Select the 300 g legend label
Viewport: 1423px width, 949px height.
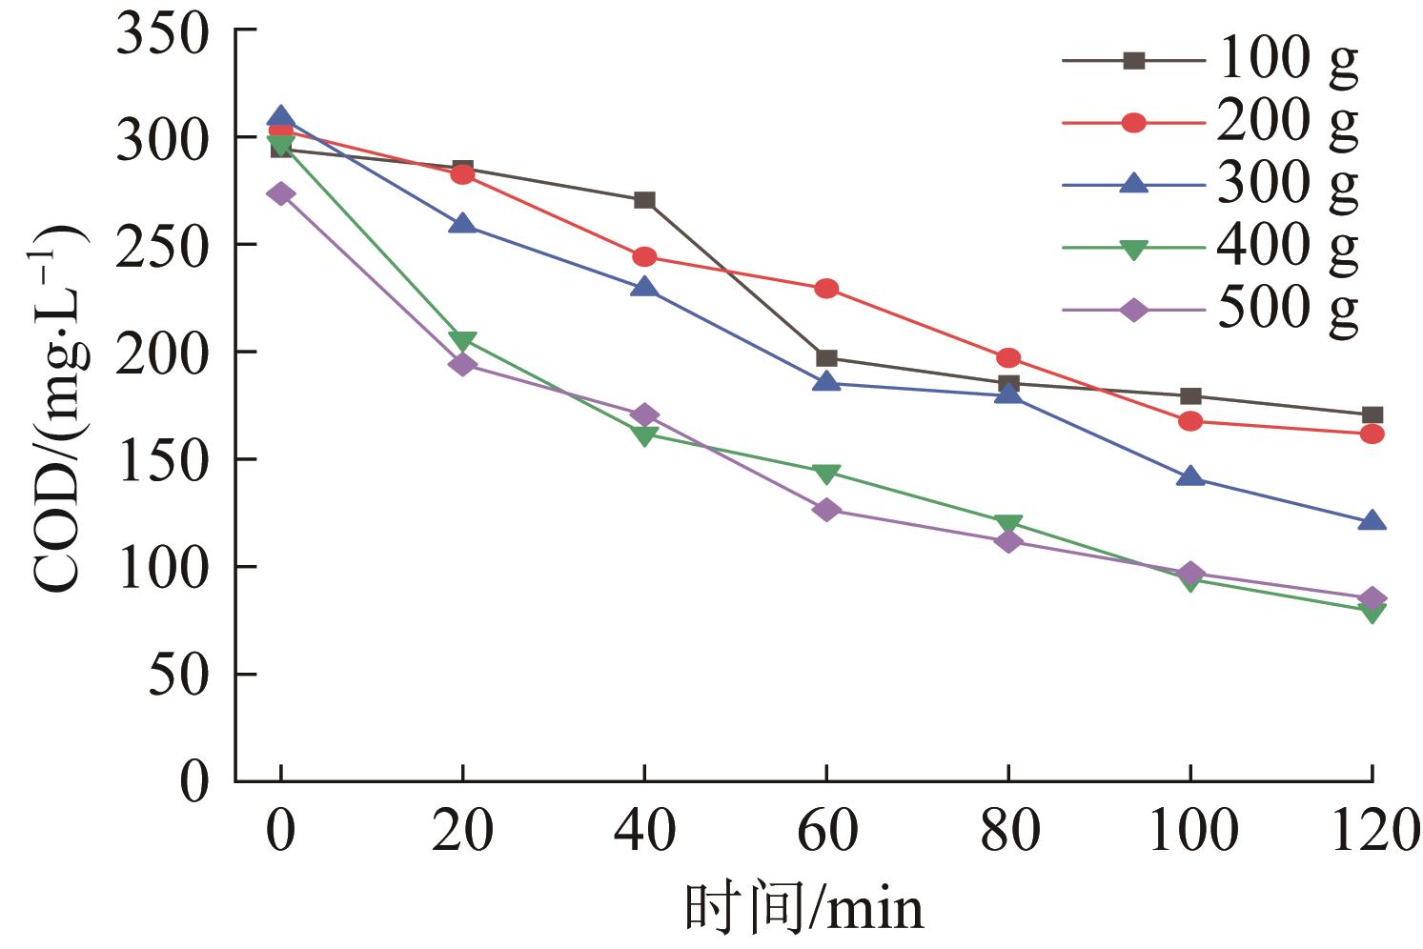[x=1287, y=184]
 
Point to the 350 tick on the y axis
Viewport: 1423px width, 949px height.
[x=162, y=34]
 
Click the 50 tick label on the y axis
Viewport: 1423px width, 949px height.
[x=179, y=675]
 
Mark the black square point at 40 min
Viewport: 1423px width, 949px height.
[x=644, y=200]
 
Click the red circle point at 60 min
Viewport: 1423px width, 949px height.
[x=826, y=289]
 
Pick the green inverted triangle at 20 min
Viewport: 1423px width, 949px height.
[x=462, y=341]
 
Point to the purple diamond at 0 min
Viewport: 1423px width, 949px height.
[x=280, y=194]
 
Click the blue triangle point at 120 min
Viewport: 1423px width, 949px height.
[x=1372, y=521]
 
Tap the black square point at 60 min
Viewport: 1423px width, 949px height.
[x=826, y=358]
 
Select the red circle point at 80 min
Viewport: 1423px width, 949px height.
[x=1008, y=358]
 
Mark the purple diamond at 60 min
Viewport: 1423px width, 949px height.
[x=826, y=510]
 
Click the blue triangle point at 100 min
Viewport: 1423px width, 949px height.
[x=1189, y=476]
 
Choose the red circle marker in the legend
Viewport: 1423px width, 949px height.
[x=1133, y=123]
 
